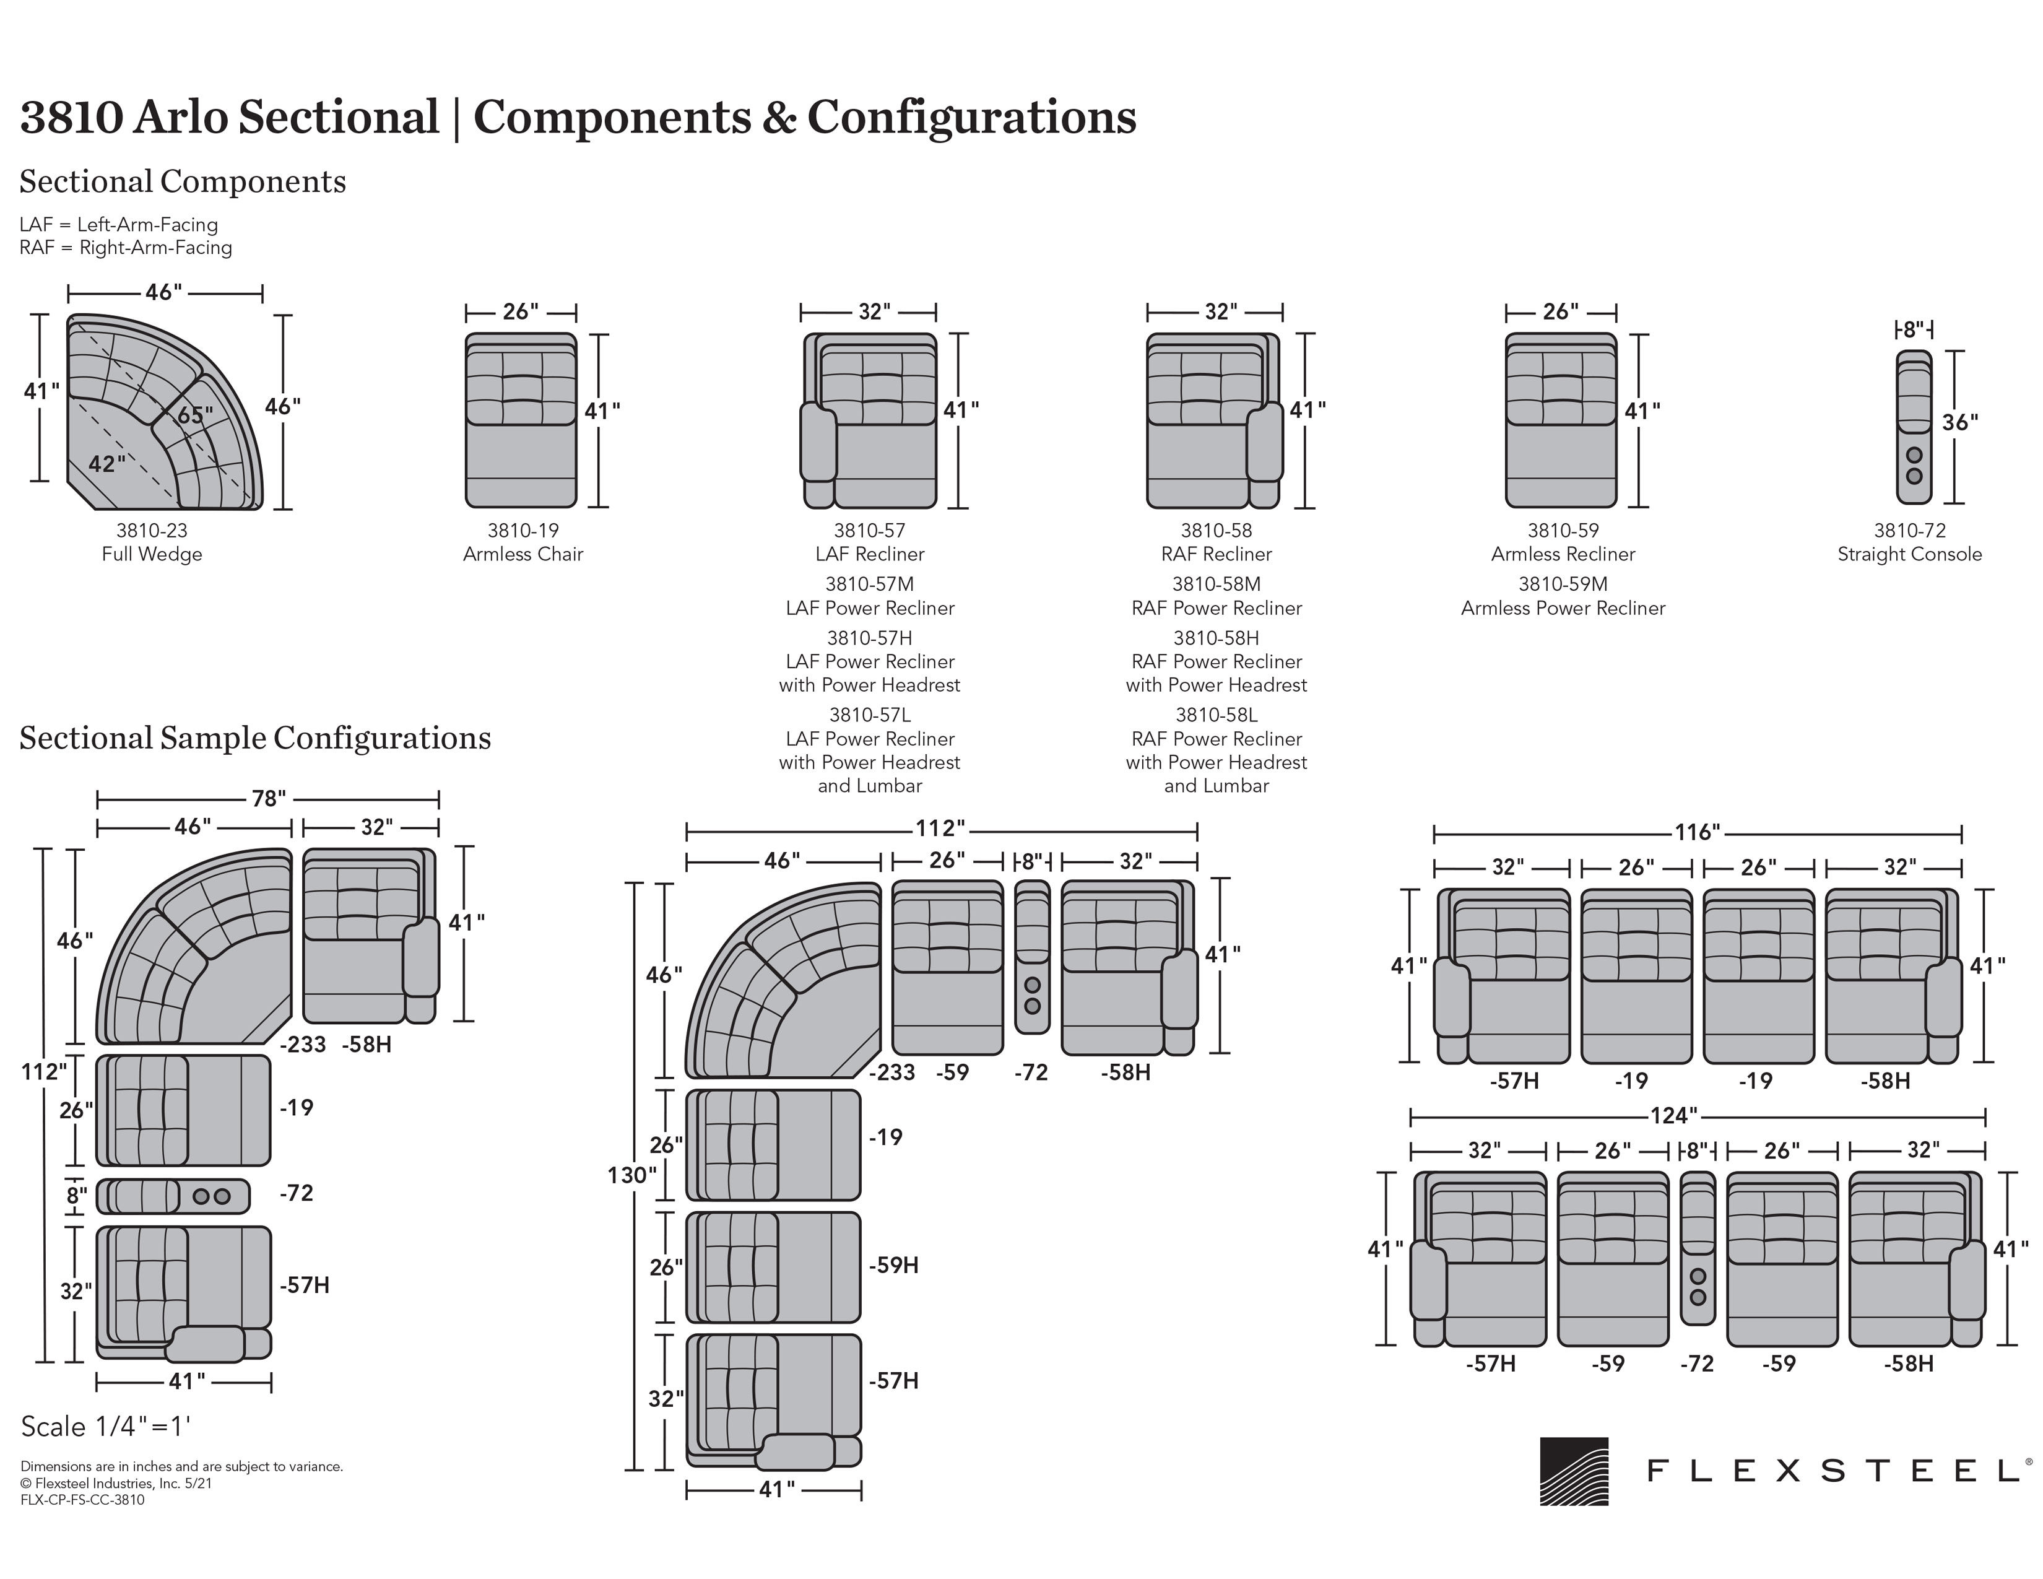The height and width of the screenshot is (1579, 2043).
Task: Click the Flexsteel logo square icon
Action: [x=1574, y=1471]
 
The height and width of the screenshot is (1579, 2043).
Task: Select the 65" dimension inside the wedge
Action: [x=194, y=414]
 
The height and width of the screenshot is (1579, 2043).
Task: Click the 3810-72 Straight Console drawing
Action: [x=1914, y=427]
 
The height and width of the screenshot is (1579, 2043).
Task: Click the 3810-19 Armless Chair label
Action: [x=523, y=542]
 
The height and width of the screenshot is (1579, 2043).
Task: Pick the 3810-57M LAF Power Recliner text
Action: [x=870, y=596]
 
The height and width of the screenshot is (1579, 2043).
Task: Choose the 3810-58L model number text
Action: [x=1216, y=715]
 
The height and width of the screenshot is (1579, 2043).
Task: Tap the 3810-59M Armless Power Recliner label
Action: [x=1563, y=596]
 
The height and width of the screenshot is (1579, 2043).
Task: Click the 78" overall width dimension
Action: [x=269, y=799]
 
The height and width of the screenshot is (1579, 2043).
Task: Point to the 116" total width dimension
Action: [x=1697, y=832]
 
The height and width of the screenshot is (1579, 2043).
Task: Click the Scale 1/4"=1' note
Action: [x=106, y=1427]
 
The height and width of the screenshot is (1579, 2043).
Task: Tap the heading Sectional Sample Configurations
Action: [x=254, y=738]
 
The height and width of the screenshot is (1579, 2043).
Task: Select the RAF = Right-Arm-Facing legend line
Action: [x=125, y=248]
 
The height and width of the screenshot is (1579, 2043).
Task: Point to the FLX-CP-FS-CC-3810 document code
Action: [x=82, y=1500]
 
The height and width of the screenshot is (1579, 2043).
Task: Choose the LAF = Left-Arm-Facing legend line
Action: [x=119, y=225]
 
